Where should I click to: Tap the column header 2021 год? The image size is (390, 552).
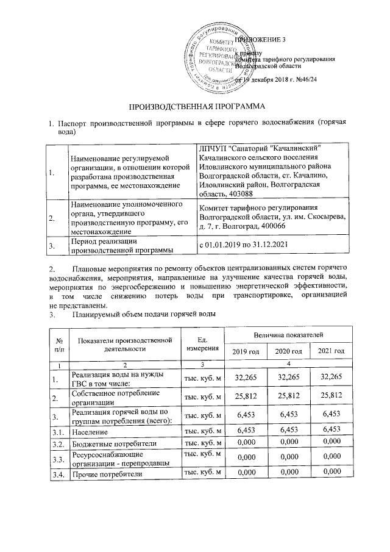pyautogui.click(x=331, y=351)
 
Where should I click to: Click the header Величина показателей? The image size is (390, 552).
pyautogui.click(x=288, y=335)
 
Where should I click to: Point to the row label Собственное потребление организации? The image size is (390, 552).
pyautogui.click(x=107, y=398)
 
